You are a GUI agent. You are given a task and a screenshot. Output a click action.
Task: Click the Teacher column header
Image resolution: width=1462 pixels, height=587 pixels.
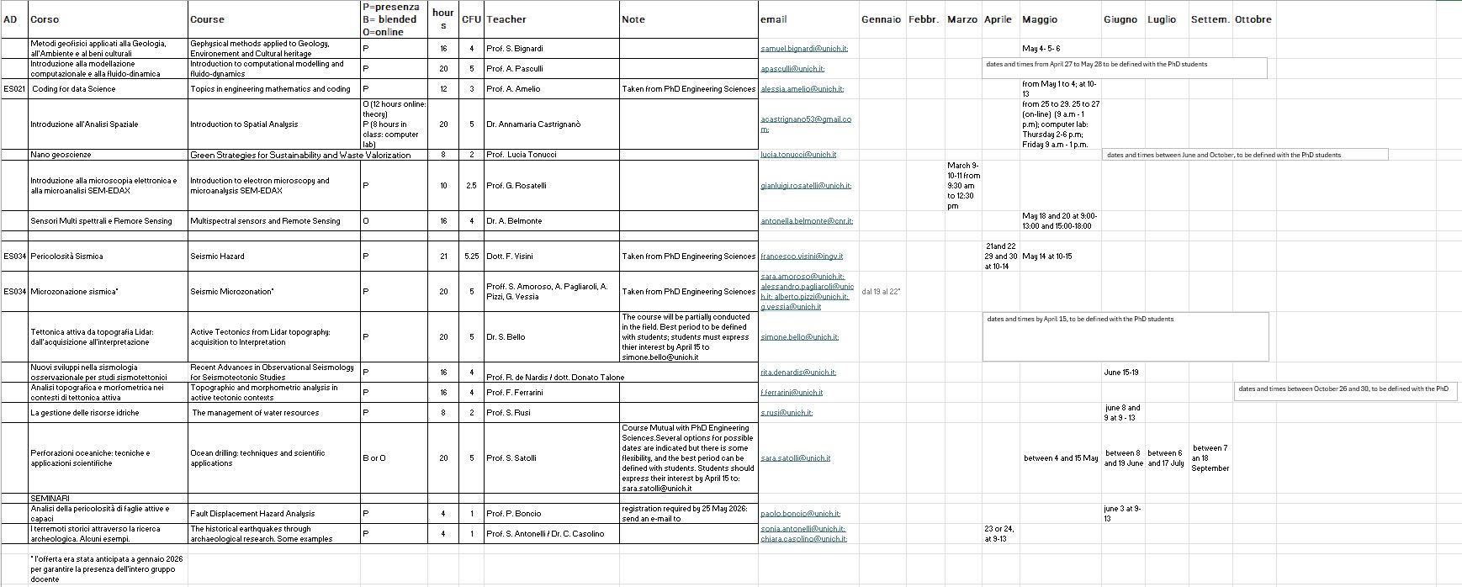click(x=506, y=19)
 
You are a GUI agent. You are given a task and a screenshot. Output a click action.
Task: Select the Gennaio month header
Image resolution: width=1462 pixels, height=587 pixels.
click(x=881, y=19)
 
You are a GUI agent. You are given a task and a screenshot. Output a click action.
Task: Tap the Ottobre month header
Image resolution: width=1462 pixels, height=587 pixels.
click(x=1253, y=19)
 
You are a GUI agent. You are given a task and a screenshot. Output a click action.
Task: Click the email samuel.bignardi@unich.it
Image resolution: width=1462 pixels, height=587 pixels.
click(x=803, y=49)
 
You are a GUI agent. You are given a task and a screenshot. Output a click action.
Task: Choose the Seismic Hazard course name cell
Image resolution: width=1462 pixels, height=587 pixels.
click(x=217, y=256)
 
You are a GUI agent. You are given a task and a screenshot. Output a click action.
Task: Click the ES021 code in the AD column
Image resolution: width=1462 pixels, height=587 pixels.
click(x=14, y=89)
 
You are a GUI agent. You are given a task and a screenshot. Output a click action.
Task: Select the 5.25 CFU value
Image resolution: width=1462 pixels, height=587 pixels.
click(x=471, y=256)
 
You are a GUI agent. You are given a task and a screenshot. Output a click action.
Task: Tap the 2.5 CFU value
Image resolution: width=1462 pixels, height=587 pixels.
click(x=471, y=186)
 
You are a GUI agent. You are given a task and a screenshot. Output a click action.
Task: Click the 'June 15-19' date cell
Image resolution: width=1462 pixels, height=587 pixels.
click(x=1120, y=373)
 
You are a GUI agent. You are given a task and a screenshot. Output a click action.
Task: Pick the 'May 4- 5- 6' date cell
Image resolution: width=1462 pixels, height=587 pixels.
click(x=1041, y=49)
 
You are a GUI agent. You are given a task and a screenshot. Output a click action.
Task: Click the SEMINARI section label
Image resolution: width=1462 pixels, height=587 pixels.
click(x=50, y=499)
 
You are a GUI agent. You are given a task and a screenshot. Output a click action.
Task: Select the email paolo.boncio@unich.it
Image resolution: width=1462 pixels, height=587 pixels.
click(x=800, y=514)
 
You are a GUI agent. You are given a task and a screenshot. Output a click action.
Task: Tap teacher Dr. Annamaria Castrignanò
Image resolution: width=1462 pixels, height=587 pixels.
click(x=533, y=124)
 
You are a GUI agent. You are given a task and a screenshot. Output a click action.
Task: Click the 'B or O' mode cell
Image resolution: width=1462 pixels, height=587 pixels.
click(x=374, y=458)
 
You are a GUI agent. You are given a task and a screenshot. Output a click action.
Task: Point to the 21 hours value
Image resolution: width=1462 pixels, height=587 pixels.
click(x=443, y=256)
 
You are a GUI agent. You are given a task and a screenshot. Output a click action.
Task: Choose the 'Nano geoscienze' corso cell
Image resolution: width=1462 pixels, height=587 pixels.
click(x=61, y=155)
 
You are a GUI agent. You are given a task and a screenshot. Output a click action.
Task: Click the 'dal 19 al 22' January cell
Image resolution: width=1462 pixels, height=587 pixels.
click(x=881, y=292)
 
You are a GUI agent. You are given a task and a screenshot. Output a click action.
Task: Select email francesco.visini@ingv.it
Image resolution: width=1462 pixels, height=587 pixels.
click(x=801, y=256)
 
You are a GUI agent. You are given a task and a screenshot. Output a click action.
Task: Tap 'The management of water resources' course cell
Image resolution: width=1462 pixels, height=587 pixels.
click(x=255, y=413)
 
